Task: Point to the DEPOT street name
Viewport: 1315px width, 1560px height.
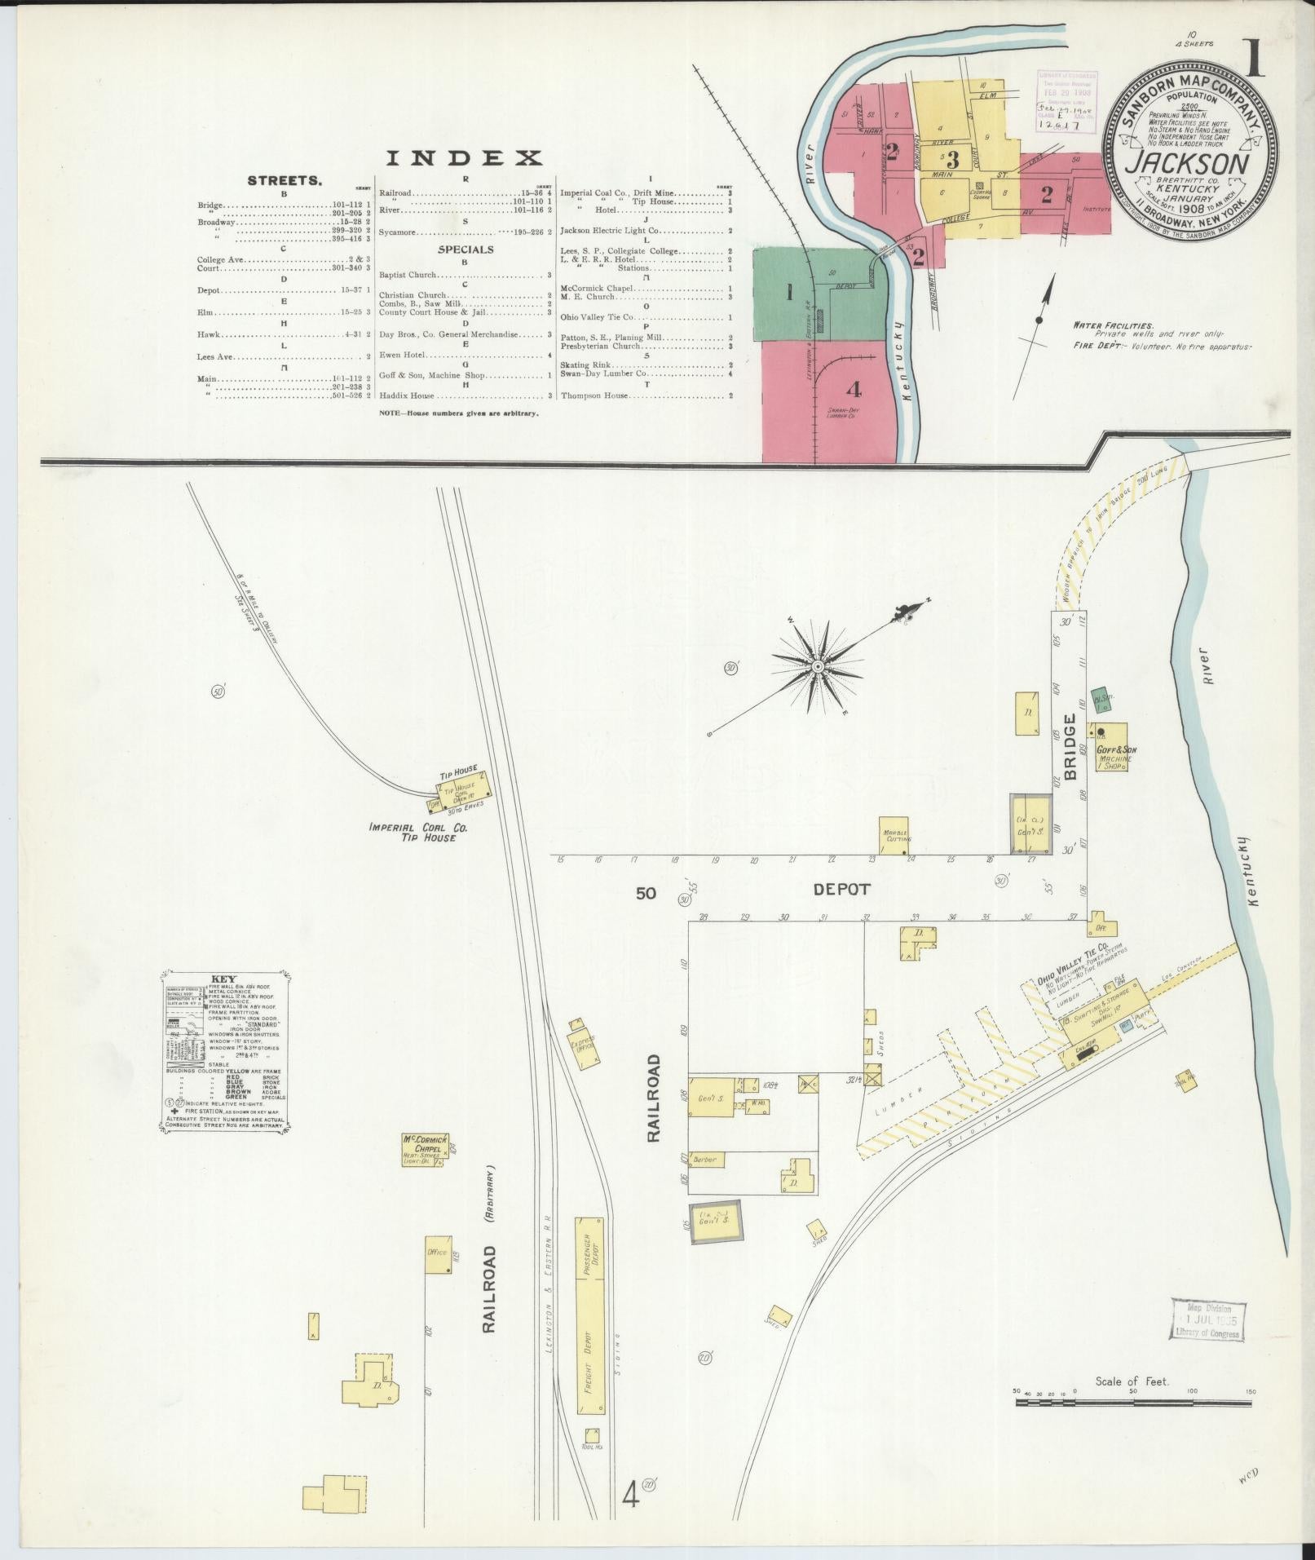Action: tap(842, 890)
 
